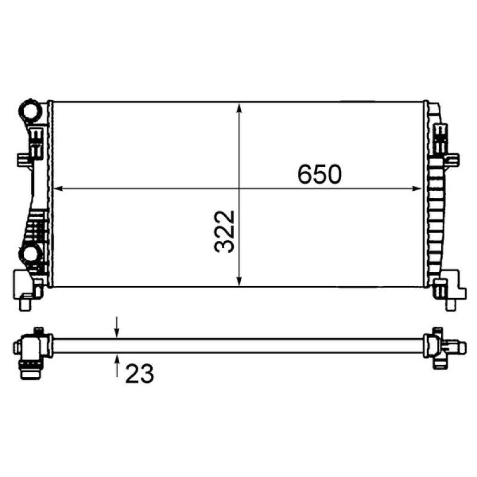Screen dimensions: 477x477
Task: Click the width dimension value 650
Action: (x=319, y=174)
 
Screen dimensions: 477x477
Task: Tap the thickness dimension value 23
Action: (x=140, y=373)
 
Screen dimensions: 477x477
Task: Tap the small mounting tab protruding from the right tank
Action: (x=453, y=159)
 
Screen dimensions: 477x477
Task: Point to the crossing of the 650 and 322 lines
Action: (x=239, y=190)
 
